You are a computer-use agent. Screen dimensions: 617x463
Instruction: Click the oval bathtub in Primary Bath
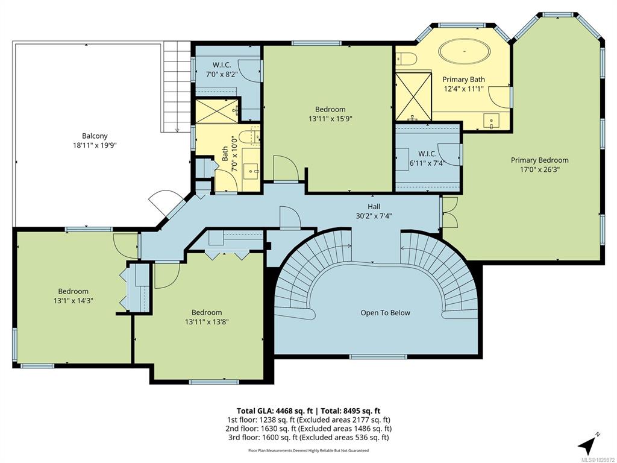click(x=465, y=52)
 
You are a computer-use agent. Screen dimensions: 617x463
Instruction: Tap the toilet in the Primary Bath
click(x=406, y=58)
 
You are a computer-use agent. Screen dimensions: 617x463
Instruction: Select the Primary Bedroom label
click(x=539, y=160)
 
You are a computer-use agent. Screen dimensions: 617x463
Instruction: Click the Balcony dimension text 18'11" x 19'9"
click(x=95, y=145)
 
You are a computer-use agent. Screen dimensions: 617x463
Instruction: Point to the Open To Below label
click(x=385, y=313)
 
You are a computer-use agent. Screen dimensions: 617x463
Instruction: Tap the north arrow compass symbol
click(x=588, y=446)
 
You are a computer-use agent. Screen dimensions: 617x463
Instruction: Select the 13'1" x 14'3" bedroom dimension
click(x=73, y=301)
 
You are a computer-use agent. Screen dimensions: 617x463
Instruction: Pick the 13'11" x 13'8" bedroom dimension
click(x=207, y=322)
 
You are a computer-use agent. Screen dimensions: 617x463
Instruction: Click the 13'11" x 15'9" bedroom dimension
click(x=330, y=119)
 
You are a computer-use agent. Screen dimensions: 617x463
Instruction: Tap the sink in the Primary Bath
click(x=492, y=121)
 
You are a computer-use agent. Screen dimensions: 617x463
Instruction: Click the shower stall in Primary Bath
click(x=413, y=96)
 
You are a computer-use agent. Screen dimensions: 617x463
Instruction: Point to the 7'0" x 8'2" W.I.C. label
click(x=222, y=69)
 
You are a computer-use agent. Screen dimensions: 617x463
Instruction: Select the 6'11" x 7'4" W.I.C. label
click(x=427, y=159)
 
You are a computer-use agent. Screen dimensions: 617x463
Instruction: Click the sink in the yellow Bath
click(x=251, y=171)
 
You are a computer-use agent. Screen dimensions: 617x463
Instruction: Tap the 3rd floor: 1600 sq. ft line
click(x=308, y=438)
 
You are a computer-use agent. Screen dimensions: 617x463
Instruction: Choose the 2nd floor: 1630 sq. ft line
click(x=308, y=429)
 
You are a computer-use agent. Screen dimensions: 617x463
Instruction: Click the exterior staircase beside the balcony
click(x=177, y=87)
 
